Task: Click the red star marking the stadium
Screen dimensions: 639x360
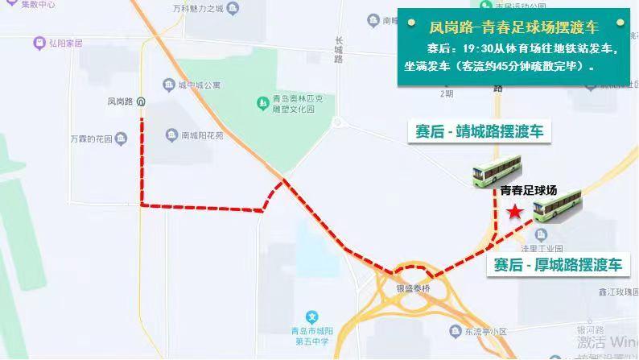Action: pyautogui.click(x=515, y=212)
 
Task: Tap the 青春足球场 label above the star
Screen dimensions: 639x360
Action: pyautogui.click(x=528, y=191)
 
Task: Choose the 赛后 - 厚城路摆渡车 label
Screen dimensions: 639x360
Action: pyautogui.click(x=559, y=265)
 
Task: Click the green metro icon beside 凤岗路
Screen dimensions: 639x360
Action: pyautogui.click(x=142, y=101)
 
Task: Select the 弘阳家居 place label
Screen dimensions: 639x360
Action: pyautogui.click(x=64, y=42)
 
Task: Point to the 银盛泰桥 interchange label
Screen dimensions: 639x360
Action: pyautogui.click(x=414, y=288)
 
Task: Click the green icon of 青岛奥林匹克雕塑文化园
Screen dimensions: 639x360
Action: pyautogui.click(x=262, y=102)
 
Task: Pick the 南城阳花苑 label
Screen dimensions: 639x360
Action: pyautogui.click(x=202, y=135)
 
